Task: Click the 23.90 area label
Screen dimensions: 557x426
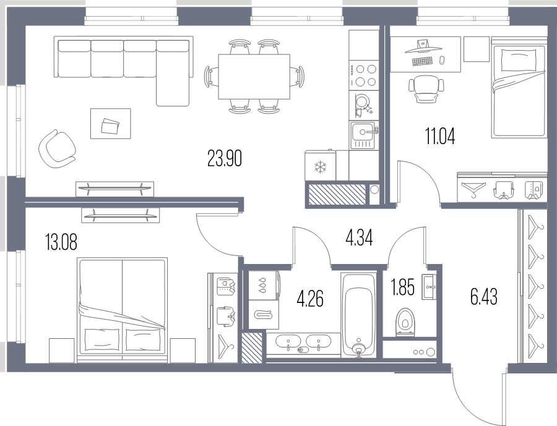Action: pyautogui.click(x=225, y=159)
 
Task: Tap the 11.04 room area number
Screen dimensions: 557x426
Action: pyautogui.click(x=440, y=136)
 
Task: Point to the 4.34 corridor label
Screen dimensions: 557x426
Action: pyautogui.click(x=359, y=238)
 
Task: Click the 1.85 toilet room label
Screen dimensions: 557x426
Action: pyautogui.click(x=403, y=288)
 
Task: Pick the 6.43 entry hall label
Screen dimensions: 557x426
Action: pyautogui.click(x=484, y=297)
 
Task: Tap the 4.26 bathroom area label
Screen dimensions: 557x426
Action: pyautogui.click(x=310, y=299)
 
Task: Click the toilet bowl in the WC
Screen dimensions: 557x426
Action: pyautogui.click(x=405, y=322)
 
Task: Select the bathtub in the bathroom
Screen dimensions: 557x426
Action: pyautogui.click(x=358, y=315)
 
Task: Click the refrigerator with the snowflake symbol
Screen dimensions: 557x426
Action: pyautogui.click(x=320, y=166)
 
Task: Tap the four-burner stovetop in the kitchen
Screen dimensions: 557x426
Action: pyautogui.click(x=363, y=75)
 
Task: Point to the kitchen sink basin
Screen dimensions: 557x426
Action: pyautogui.click(x=363, y=135)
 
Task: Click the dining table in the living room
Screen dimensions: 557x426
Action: pyautogui.click(x=254, y=77)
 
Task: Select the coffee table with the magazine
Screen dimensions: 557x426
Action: pyautogui.click(x=111, y=124)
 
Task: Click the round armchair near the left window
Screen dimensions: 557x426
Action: pyautogui.click(x=56, y=149)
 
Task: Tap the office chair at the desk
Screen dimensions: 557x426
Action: pyautogui.click(x=426, y=89)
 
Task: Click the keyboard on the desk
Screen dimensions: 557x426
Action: pyautogui.click(x=423, y=61)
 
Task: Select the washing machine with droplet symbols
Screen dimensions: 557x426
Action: pyautogui.click(x=264, y=286)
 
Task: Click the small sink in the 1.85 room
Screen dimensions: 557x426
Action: pyautogui.click(x=429, y=286)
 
